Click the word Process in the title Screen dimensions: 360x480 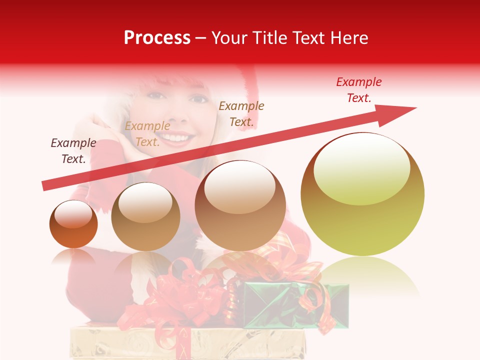tap(157, 38)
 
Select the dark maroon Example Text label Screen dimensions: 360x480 tap(73, 151)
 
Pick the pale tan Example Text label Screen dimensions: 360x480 tap(147, 134)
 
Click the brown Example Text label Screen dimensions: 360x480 tap(241, 113)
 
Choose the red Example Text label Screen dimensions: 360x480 tap(359, 90)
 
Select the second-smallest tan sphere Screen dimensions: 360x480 tap(145, 217)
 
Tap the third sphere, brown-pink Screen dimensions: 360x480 tap(240, 206)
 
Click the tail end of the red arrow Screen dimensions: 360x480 tap(46, 186)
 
